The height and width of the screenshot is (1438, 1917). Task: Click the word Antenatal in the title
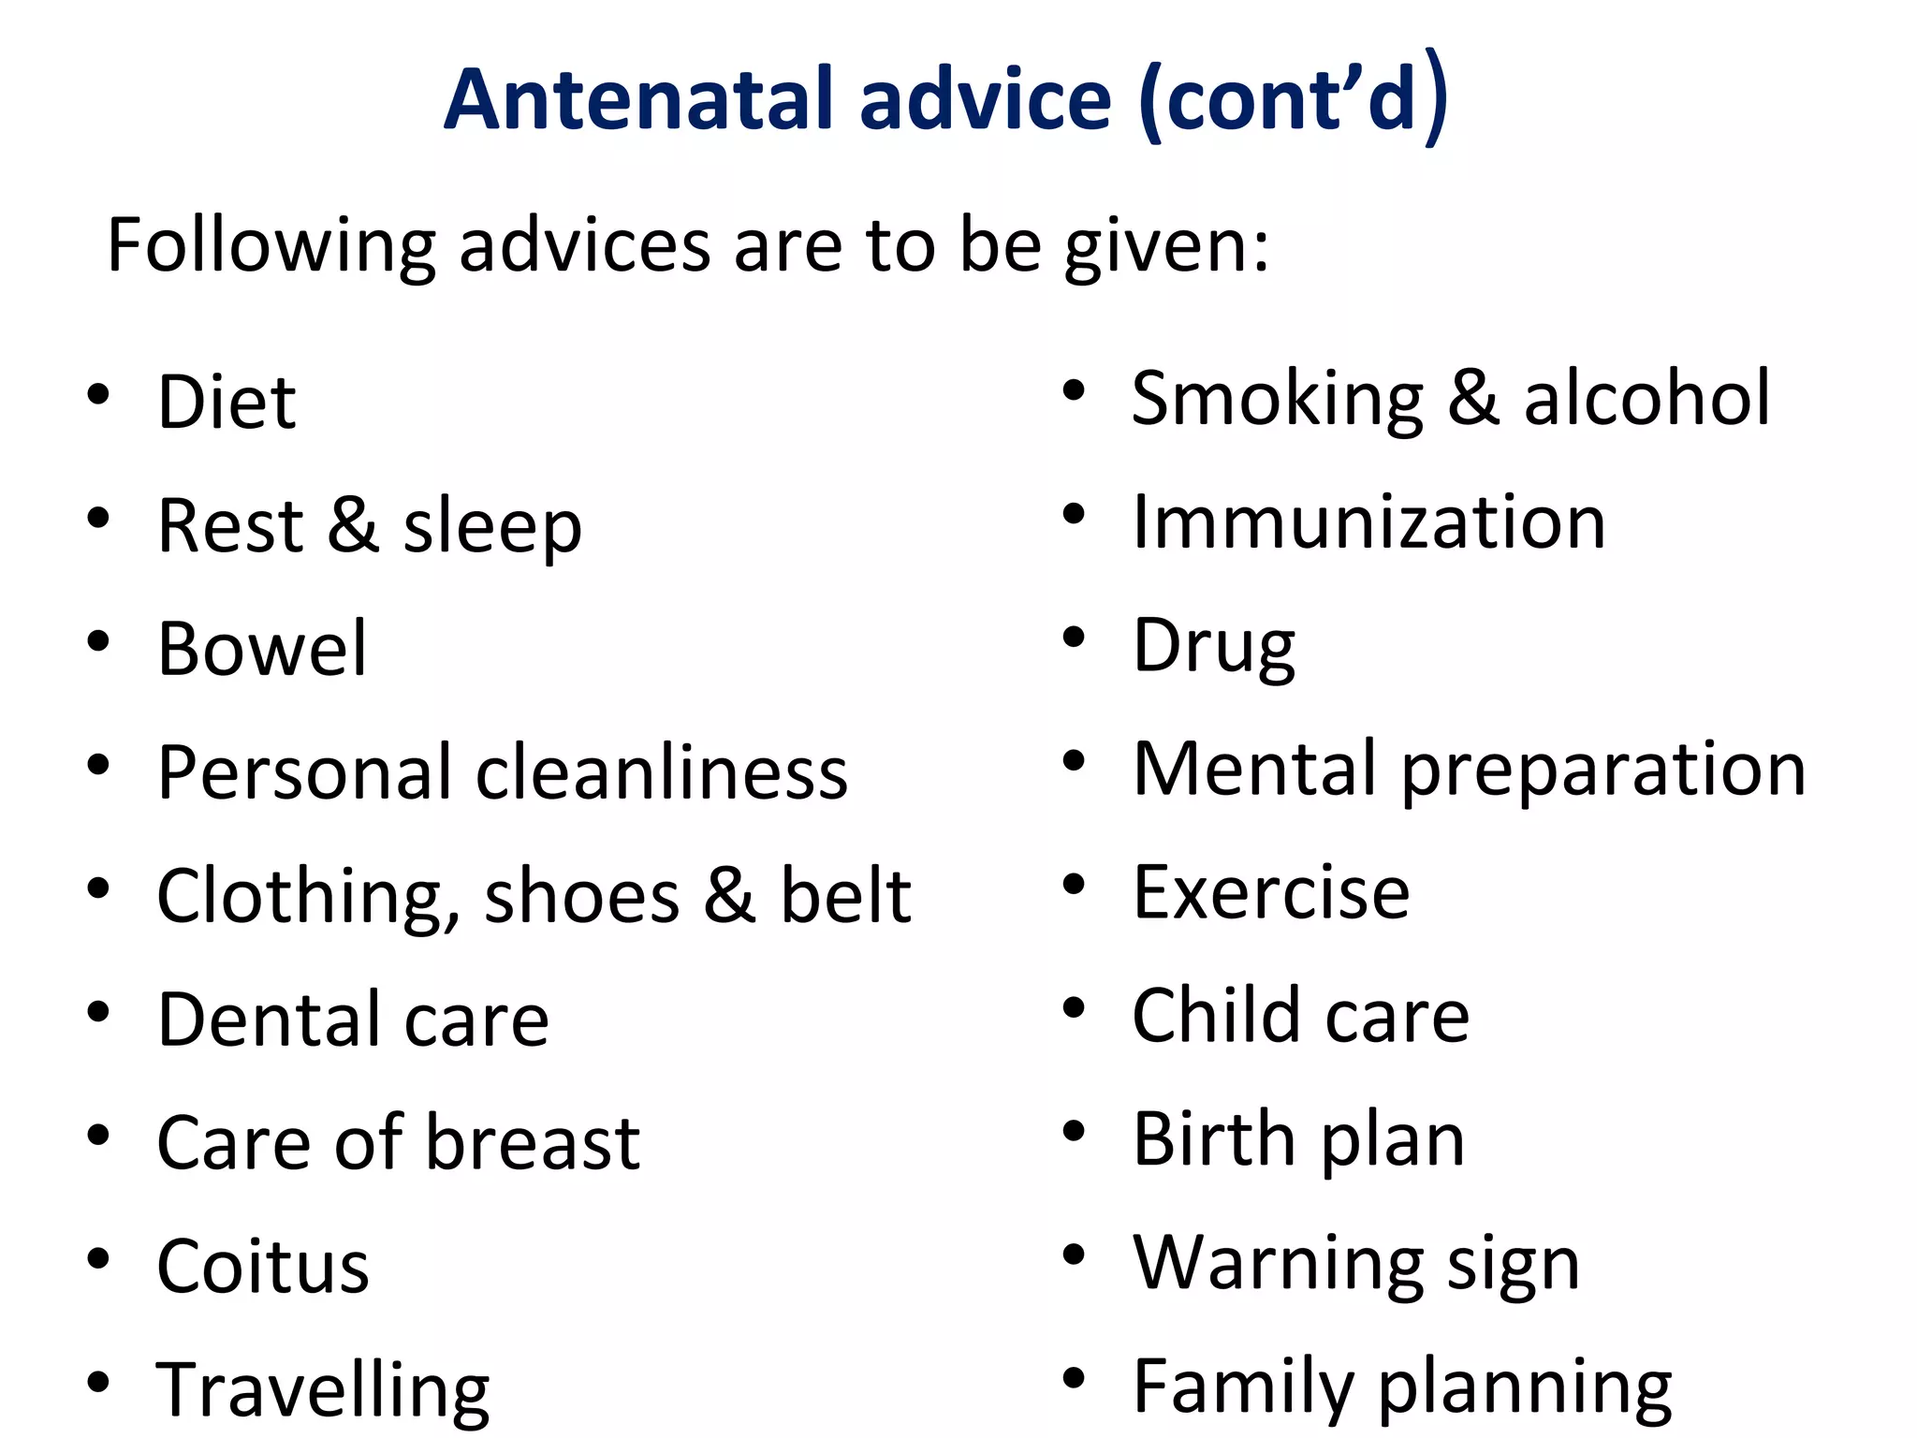tap(637, 99)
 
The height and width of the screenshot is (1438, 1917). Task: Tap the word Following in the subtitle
tap(271, 245)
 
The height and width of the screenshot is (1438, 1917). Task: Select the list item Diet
tap(227, 402)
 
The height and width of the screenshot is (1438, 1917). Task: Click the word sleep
tap(492, 526)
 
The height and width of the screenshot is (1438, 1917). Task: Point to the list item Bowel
tap(262, 649)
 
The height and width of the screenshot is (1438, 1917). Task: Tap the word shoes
tap(581, 896)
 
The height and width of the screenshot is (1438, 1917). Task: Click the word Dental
tap(269, 1020)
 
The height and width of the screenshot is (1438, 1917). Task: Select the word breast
tap(534, 1143)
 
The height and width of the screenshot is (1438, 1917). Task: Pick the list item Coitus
tap(263, 1267)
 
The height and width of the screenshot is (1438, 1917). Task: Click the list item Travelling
tap(323, 1390)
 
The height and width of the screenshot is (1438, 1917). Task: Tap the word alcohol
tap(1646, 398)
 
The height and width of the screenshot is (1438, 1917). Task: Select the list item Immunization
tap(1368, 521)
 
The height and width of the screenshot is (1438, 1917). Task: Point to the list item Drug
tap(1214, 646)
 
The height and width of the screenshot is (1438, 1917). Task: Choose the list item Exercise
tap(1271, 892)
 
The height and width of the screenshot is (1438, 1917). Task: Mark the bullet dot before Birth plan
tap(1074, 1132)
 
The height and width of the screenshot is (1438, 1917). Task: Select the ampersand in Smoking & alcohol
tap(1473, 398)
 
